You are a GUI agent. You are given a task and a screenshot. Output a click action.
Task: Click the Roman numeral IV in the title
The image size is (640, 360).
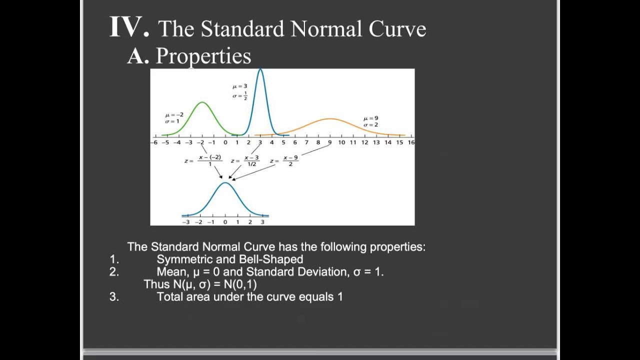click(129, 27)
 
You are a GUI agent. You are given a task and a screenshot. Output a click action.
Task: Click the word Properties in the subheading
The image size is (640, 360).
click(203, 56)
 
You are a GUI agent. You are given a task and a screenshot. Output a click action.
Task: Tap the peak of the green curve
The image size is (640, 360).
click(202, 102)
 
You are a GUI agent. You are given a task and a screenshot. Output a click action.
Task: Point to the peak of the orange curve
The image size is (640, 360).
click(330, 119)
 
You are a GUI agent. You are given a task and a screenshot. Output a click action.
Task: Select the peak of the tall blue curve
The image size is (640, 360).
click(260, 70)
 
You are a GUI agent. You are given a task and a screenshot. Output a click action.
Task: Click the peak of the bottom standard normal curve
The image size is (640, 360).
click(225, 183)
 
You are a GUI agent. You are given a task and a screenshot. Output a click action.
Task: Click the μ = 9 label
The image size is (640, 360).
click(370, 118)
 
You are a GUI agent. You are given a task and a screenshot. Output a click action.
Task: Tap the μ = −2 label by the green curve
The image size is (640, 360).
click(174, 115)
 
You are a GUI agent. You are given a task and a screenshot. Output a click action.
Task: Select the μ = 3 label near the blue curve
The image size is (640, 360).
click(239, 86)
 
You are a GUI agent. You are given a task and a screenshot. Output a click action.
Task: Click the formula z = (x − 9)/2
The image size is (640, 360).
click(284, 160)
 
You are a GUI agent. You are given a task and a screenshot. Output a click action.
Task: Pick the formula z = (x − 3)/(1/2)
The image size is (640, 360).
click(245, 160)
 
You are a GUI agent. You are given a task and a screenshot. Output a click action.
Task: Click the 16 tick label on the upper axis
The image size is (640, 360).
click(411, 142)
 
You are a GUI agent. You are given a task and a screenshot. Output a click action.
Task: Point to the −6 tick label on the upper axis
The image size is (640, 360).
click(154, 142)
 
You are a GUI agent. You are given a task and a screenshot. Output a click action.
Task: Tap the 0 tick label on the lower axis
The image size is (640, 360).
click(225, 222)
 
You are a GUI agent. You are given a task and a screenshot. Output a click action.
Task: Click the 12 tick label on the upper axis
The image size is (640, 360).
click(364, 142)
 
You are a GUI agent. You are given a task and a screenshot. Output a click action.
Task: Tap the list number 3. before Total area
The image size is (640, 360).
click(114, 297)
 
